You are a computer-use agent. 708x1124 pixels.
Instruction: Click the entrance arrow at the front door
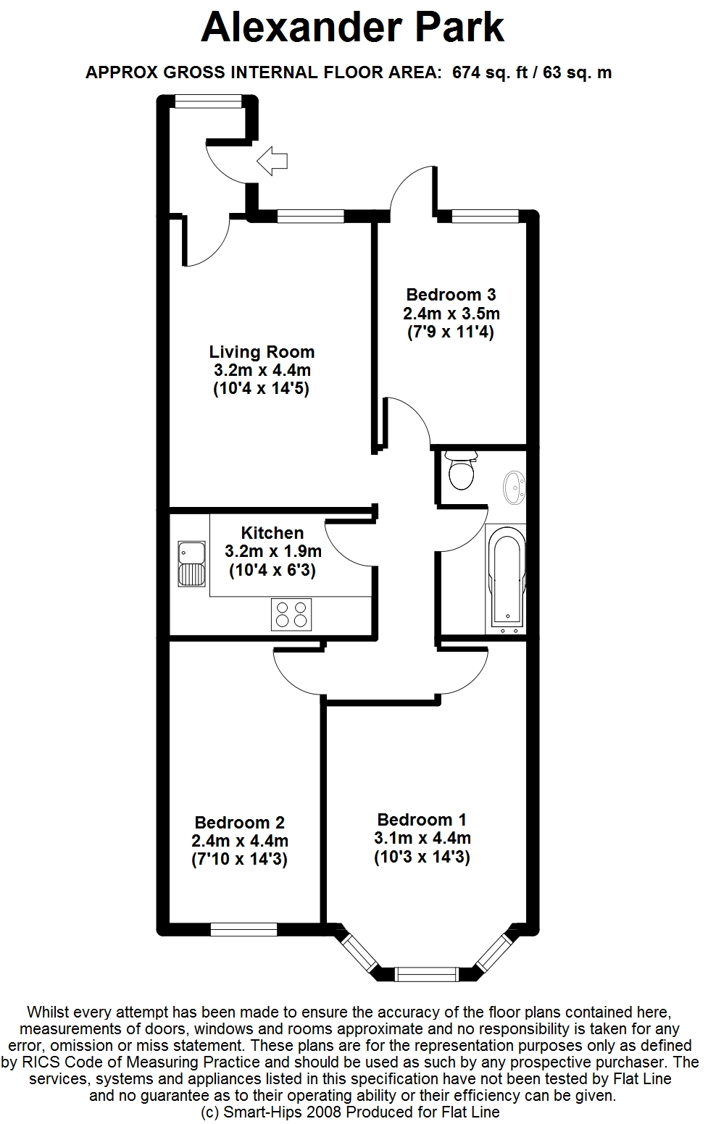[x=272, y=161]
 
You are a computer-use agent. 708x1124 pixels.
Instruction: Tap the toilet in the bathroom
[x=462, y=470]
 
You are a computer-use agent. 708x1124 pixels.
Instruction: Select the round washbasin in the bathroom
[x=515, y=487]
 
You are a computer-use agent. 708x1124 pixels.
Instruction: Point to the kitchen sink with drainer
[x=191, y=564]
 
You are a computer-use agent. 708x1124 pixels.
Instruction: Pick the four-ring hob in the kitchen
[x=291, y=614]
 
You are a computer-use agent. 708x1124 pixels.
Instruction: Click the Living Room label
[x=262, y=352]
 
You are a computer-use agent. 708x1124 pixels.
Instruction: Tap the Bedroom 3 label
[x=451, y=295]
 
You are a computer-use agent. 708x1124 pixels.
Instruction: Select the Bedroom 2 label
[x=240, y=823]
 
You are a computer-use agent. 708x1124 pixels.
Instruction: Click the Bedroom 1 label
[x=422, y=819]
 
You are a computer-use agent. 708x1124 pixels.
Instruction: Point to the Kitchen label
[x=272, y=532]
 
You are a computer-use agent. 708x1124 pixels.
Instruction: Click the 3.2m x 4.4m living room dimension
[x=262, y=370]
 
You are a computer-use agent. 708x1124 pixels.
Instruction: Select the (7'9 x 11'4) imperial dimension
[x=451, y=332]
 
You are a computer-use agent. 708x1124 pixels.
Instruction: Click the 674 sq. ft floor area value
[x=490, y=72]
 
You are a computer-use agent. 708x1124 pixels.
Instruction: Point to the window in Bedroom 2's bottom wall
[x=243, y=930]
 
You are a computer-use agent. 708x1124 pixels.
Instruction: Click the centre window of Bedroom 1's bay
[x=427, y=975]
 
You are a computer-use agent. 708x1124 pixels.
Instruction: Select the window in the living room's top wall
[x=310, y=217]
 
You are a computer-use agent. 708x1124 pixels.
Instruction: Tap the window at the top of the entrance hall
[x=209, y=101]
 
